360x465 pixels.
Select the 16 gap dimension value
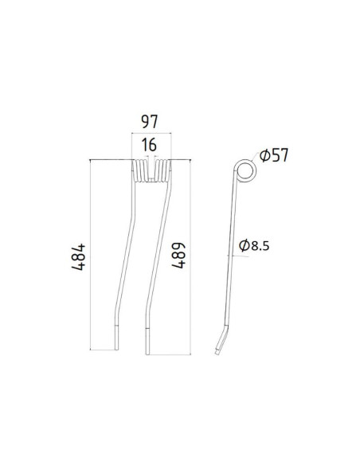point(147,147)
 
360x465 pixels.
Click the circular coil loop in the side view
point(247,171)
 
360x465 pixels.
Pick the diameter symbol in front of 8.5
point(245,248)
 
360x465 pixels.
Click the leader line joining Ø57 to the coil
point(255,161)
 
